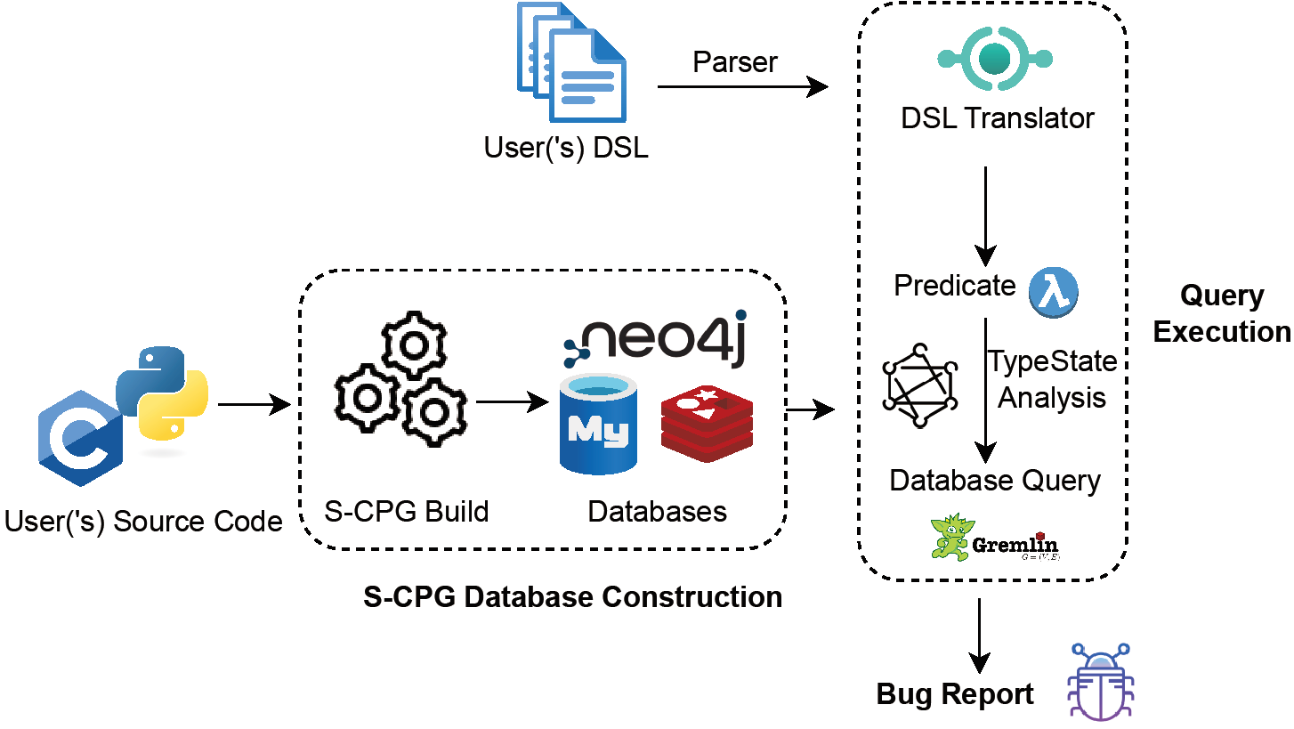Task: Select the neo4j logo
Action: click(x=655, y=340)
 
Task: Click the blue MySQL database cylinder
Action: click(x=598, y=424)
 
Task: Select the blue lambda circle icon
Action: click(x=1054, y=291)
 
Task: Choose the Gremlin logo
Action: click(x=996, y=537)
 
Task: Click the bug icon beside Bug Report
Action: click(x=1099, y=681)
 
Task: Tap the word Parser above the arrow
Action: click(x=735, y=62)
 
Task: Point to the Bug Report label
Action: click(x=955, y=693)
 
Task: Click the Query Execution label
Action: click(x=1221, y=313)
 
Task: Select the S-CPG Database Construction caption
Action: click(x=573, y=596)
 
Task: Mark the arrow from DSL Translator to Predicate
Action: click(x=984, y=215)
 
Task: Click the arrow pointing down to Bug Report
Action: click(x=980, y=636)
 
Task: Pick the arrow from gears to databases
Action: click(x=511, y=402)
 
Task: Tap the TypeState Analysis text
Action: click(x=1052, y=378)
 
